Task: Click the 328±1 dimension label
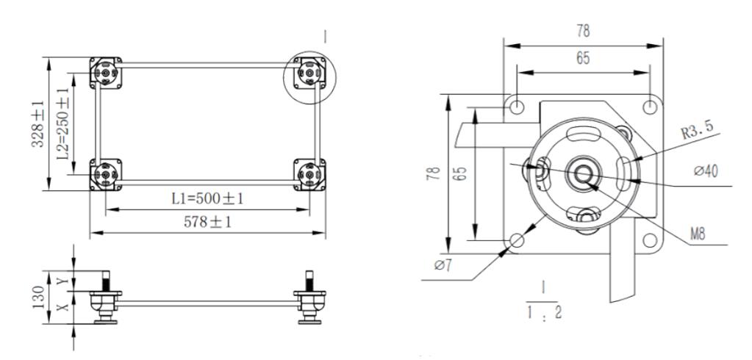(38, 123)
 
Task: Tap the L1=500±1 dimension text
(207, 198)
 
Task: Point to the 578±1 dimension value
(207, 222)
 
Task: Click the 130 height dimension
(39, 298)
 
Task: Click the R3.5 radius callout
(698, 129)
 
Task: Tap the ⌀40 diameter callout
(706, 170)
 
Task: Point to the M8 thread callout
(698, 234)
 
